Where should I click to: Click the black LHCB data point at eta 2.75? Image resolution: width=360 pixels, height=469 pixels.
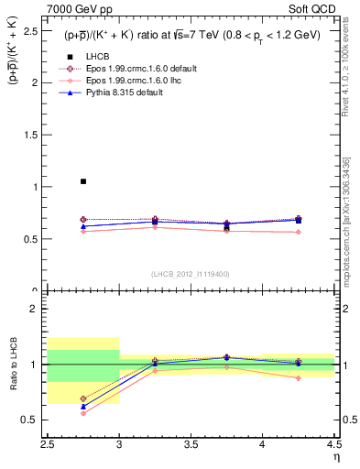pos(83,181)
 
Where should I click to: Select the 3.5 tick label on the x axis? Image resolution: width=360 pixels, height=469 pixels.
pos(191,445)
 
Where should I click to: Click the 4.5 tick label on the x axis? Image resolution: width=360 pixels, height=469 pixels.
pos(333,445)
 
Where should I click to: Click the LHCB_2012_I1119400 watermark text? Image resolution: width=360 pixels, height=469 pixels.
pos(191,275)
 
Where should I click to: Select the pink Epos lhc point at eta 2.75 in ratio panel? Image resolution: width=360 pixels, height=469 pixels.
pos(83,413)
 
